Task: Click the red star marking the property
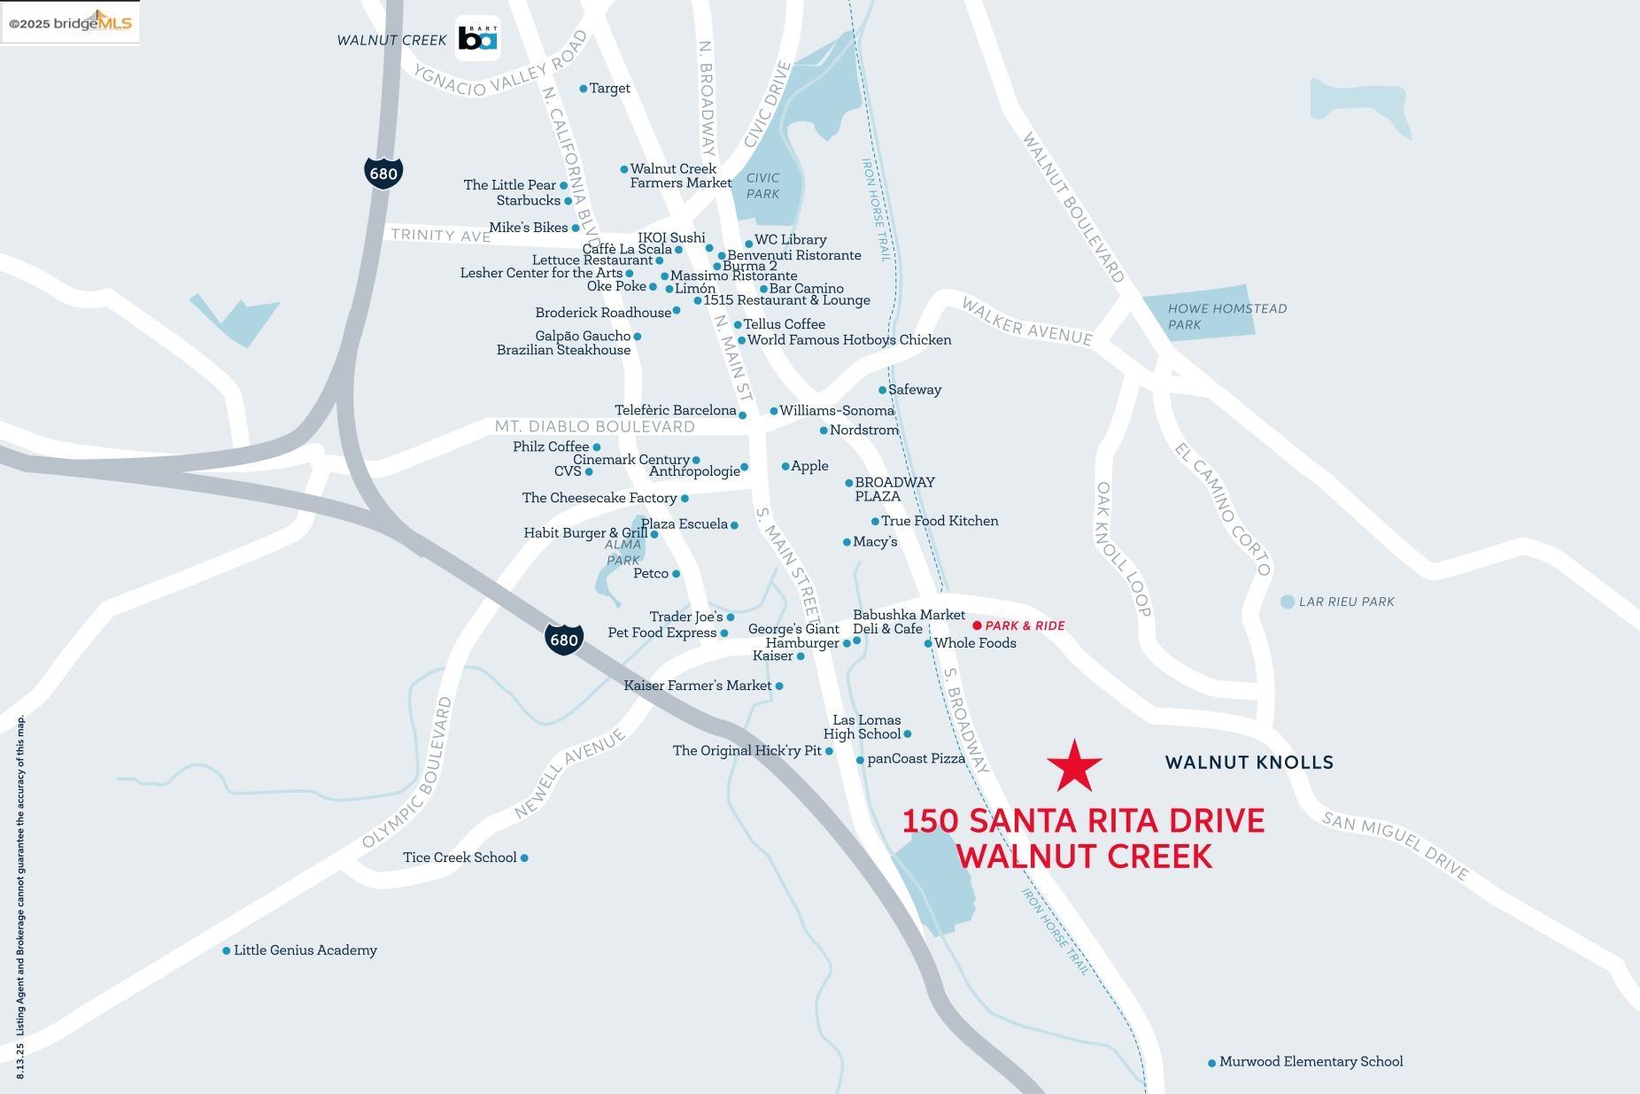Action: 1074,766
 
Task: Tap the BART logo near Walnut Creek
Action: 477,39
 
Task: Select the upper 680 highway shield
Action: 383,173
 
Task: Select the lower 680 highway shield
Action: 564,639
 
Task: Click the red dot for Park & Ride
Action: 978,625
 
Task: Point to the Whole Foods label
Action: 975,643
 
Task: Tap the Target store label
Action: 609,89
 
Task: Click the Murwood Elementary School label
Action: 1311,1061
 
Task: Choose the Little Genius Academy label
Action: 305,950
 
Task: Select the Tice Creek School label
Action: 460,857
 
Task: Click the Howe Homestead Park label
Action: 1226,316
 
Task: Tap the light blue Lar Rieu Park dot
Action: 1288,601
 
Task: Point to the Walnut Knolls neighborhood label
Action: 1249,762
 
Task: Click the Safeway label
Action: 914,390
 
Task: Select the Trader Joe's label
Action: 686,617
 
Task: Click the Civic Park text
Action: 762,186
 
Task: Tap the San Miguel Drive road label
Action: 1395,845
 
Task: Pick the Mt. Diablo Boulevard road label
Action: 594,427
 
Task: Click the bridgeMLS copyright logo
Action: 70,23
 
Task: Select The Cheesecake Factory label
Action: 600,498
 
